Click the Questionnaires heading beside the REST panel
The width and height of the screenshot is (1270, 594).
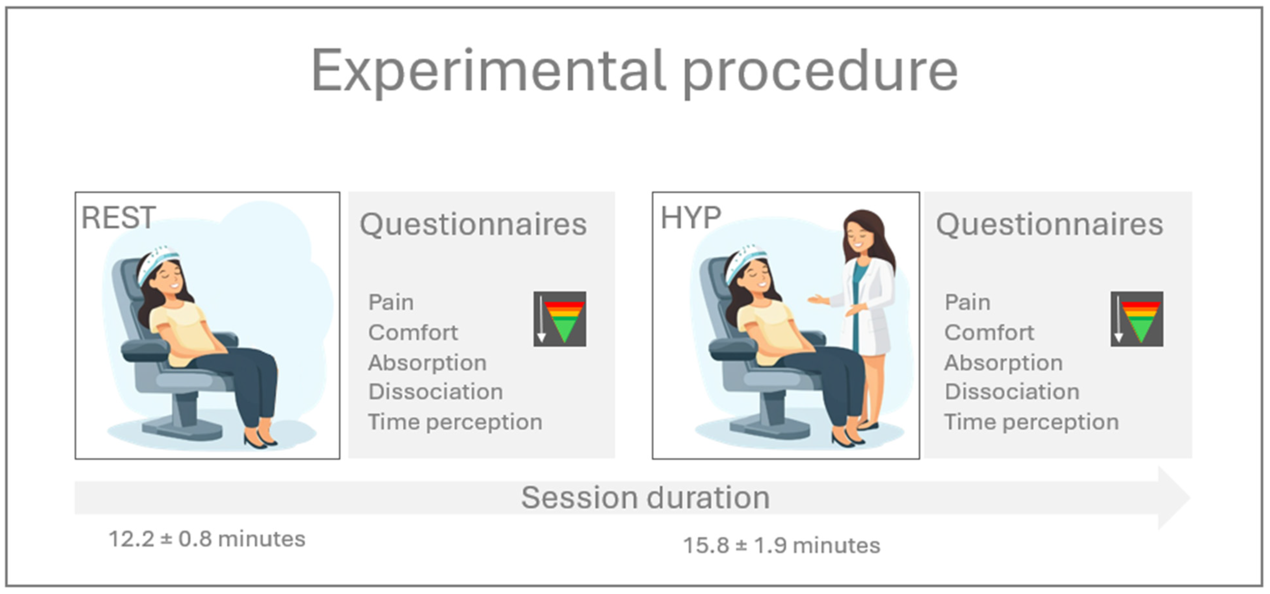pyautogui.click(x=473, y=225)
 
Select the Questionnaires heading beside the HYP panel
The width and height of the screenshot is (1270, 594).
pyautogui.click(x=1050, y=225)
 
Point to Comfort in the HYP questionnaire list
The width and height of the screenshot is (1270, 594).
pyautogui.click(x=989, y=333)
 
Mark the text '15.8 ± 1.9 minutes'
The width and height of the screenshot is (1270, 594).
pyautogui.click(x=782, y=546)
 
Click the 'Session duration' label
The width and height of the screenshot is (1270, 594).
pyautogui.click(x=645, y=497)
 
